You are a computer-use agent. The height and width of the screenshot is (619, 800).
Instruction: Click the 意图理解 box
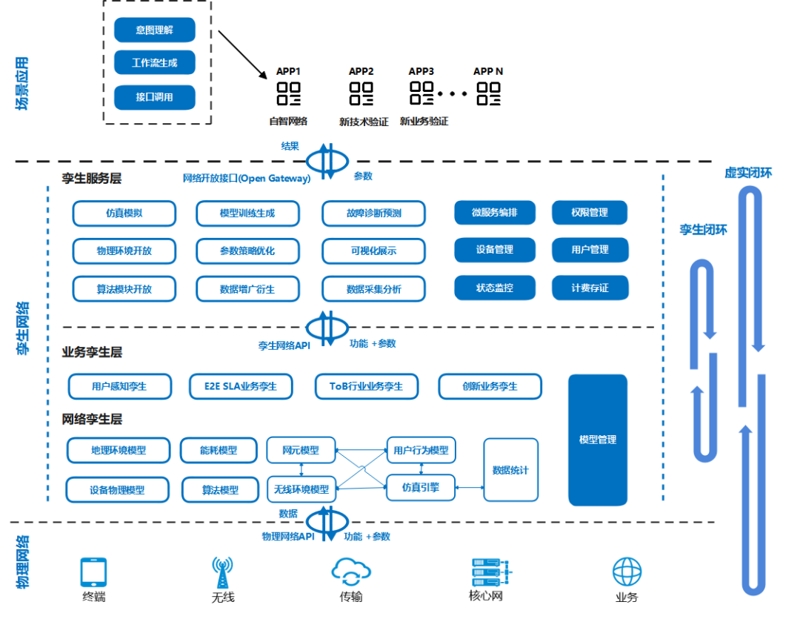point(155,30)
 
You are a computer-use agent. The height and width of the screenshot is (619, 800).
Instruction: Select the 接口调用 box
point(155,97)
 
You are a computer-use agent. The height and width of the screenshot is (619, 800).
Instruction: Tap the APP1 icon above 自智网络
point(288,93)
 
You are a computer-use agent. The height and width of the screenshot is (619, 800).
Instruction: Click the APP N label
point(488,71)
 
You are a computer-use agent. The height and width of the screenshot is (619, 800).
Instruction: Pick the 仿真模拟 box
point(124,213)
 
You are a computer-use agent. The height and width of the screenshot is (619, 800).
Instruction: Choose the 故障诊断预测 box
point(373,213)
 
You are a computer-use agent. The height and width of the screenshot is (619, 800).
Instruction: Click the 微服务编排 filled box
point(495,213)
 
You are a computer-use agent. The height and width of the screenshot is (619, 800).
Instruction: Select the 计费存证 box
point(590,288)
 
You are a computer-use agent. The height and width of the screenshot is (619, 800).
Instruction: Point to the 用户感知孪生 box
point(120,386)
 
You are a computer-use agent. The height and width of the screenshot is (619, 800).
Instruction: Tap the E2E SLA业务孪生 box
point(241,386)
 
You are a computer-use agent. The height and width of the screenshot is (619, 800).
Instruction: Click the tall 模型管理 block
point(597,440)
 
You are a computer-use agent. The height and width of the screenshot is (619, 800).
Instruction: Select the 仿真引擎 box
point(421,487)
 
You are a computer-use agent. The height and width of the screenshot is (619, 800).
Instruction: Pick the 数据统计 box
point(510,470)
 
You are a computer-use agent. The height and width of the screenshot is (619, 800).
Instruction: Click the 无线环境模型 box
point(301,489)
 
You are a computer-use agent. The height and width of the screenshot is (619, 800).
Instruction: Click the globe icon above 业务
point(627,572)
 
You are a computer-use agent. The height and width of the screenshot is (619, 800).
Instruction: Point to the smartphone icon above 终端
point(93,573)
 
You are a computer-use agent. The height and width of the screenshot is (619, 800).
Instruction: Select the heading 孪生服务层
point(92,179)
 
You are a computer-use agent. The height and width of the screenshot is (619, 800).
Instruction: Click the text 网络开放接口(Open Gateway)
point(247,178)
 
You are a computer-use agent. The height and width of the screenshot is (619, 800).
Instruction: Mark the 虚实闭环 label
point(748,173)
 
